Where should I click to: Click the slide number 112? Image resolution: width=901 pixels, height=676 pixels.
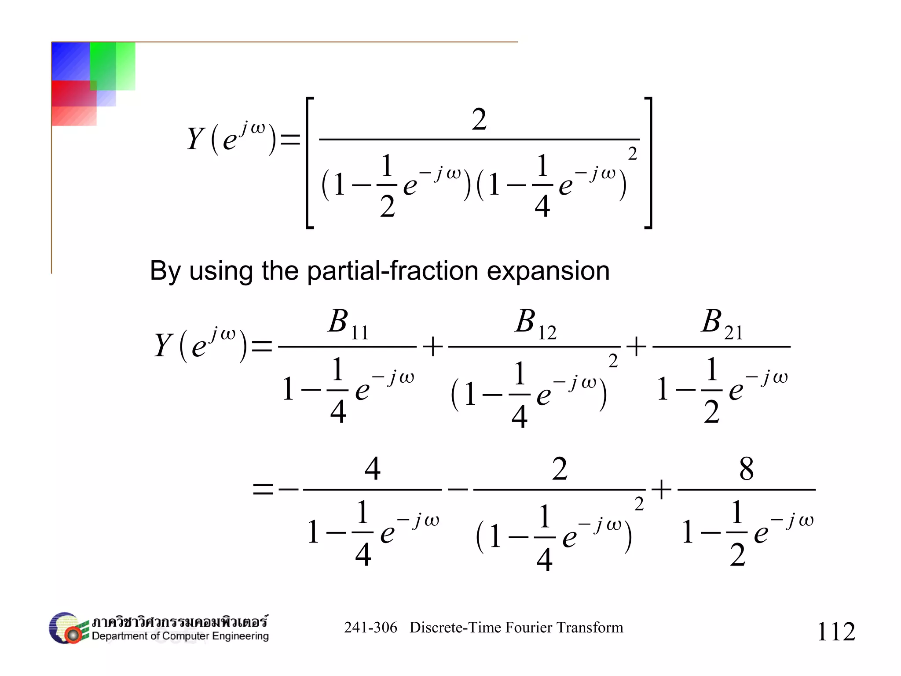point(836,632)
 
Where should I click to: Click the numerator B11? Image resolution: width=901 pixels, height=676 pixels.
point(348,323)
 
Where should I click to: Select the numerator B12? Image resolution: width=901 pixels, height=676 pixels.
point(535,323)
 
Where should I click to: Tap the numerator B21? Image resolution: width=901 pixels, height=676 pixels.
point(722,323)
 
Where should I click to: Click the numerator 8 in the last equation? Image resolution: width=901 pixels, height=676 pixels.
point(746,469)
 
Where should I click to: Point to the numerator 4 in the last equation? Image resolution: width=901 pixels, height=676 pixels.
point(372,469)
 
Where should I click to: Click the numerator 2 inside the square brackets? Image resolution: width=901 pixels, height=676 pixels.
point(479,119)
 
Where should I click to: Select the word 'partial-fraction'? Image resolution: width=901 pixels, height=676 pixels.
point(392,270)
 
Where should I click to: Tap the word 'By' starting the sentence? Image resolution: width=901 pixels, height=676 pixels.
point(165,271)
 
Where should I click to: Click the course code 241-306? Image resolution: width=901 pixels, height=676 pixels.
point(370,628)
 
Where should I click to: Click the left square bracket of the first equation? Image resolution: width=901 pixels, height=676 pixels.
point(309,163)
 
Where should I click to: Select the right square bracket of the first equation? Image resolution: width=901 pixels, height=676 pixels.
point(648,163)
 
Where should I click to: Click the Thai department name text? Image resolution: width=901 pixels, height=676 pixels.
point(179,621)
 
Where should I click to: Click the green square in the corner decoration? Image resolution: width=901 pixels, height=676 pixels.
point(112,66)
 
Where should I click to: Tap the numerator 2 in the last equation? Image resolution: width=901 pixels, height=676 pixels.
point(560,469)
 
